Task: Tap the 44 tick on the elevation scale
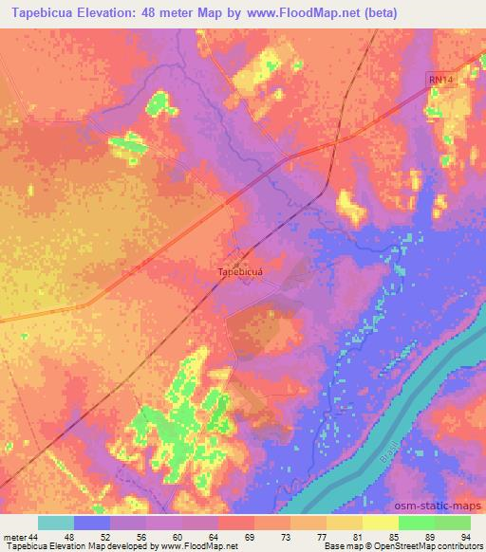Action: click(34, 536)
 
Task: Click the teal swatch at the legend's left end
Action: click(56, 523)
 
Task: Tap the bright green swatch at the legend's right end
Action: click(452, 523)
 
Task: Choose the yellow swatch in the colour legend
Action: click(380, 523)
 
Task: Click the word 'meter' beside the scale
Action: click(14, 536)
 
